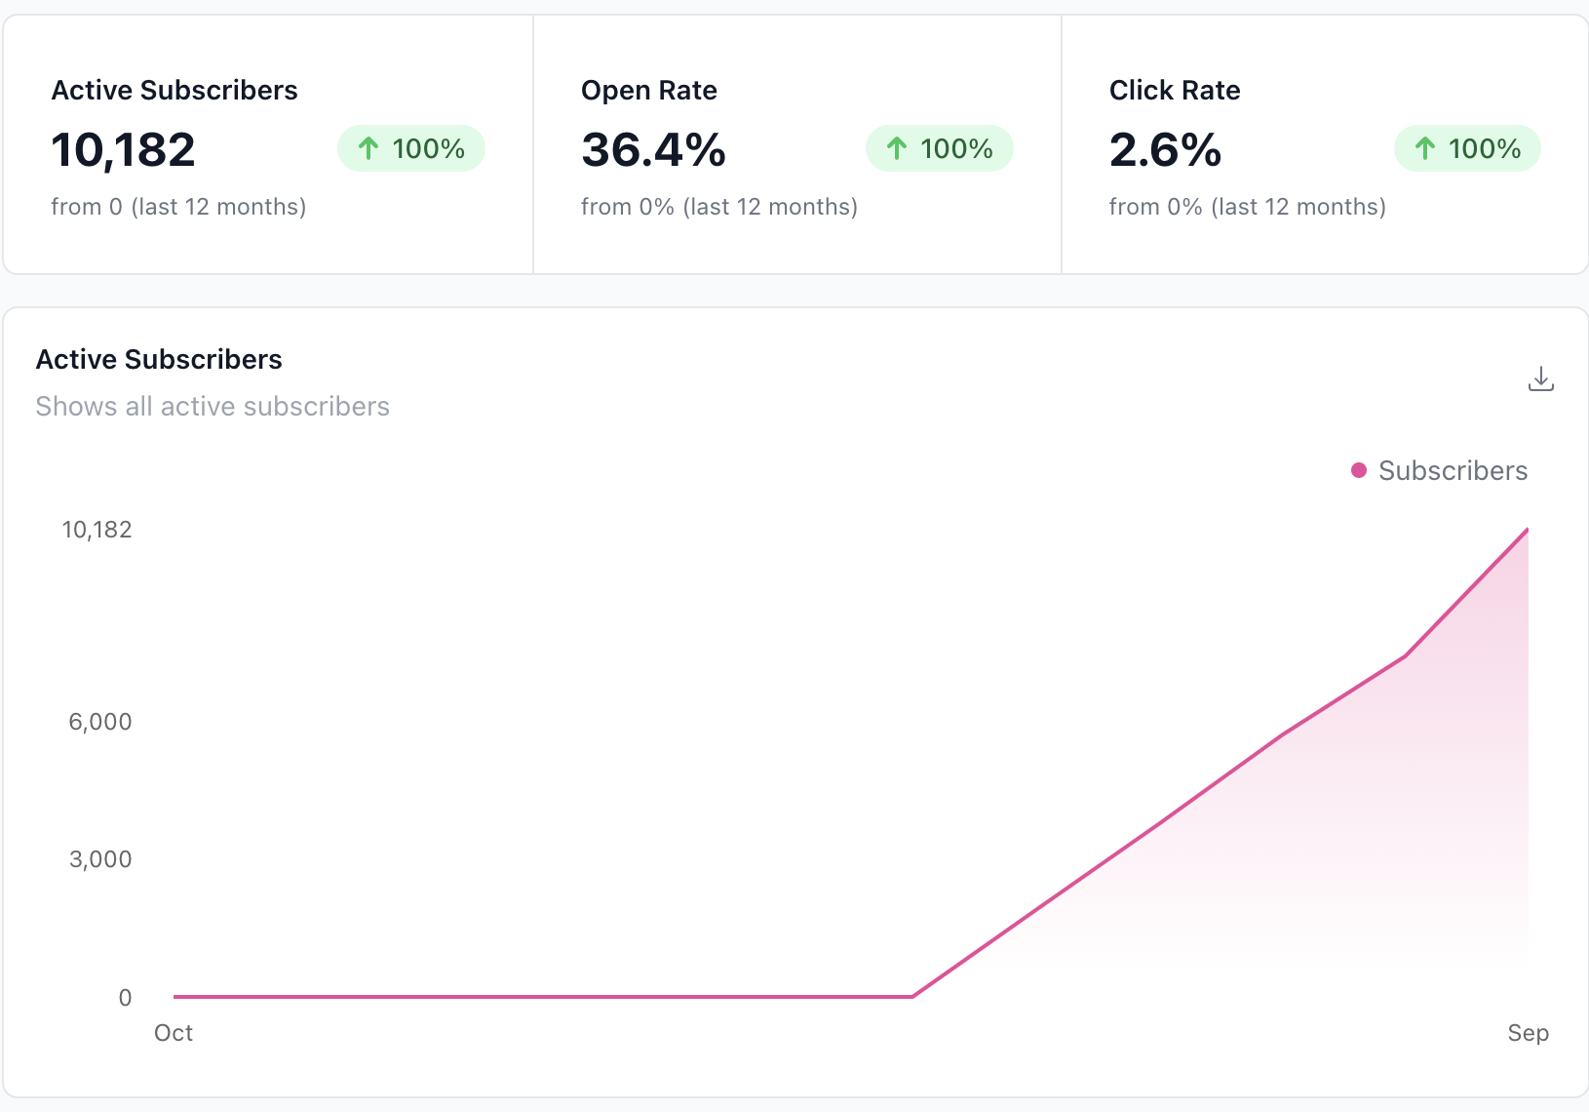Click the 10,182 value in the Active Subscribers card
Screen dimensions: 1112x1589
tap(124, 150)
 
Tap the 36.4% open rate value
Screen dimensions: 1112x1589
tap(653, 150)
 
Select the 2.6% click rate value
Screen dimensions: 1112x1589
tap(1165, 150)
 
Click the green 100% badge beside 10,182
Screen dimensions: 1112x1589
tap(411, 148)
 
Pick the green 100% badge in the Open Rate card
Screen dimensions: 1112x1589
tap(940, 148)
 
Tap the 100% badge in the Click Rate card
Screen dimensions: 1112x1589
tap(1467, 148)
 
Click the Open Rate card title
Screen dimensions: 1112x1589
tap(649, 91)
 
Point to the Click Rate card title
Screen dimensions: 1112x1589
tap(1175, 91)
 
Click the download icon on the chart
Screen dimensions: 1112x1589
tap(1540, 378)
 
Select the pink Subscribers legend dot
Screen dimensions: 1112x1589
tap(1359, 470)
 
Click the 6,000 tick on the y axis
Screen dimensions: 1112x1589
tap(100, 722)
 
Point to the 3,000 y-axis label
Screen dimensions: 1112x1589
tap(100, 859)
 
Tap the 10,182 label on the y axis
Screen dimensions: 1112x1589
tap(97, 530)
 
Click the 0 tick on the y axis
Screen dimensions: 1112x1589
tap(125, 998)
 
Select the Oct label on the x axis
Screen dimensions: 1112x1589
tap(174, 1033)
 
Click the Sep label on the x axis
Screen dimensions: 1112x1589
tap(1528, 1033)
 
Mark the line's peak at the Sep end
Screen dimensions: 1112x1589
tap(1527, 530)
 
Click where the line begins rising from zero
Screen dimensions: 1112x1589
tap(912, 996)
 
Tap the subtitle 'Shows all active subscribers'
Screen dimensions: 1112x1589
tap(213, 407)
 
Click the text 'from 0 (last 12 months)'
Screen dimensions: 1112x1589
tap(178, 207)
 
